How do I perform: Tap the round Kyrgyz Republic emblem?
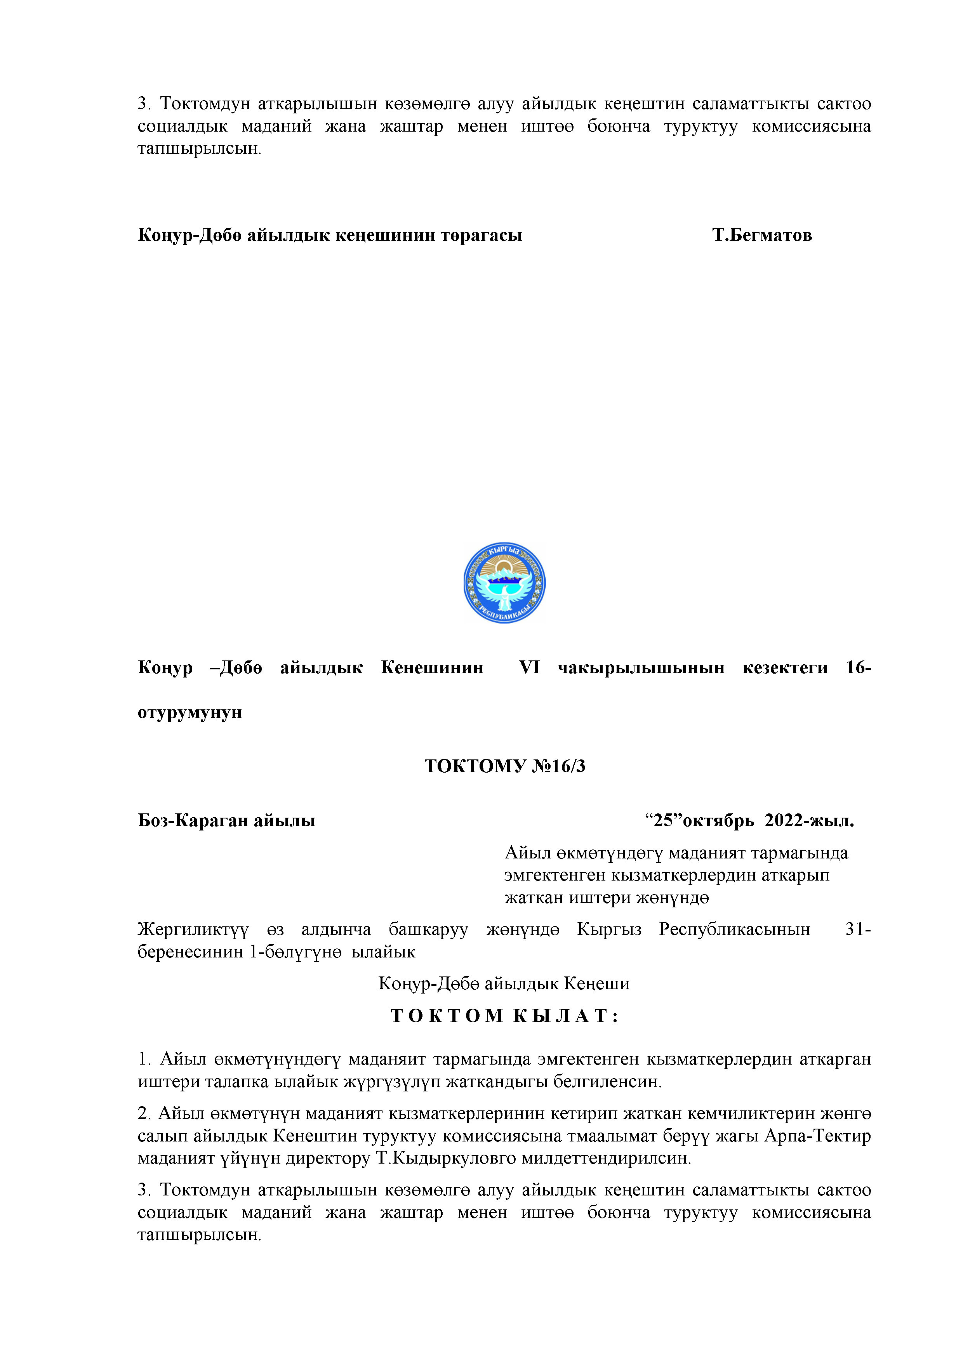(504, 582)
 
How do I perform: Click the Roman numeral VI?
(529, 668)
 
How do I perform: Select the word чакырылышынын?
(641, 668)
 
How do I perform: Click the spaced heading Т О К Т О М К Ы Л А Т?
(504, 1016)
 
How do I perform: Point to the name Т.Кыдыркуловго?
(446, 1158)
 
